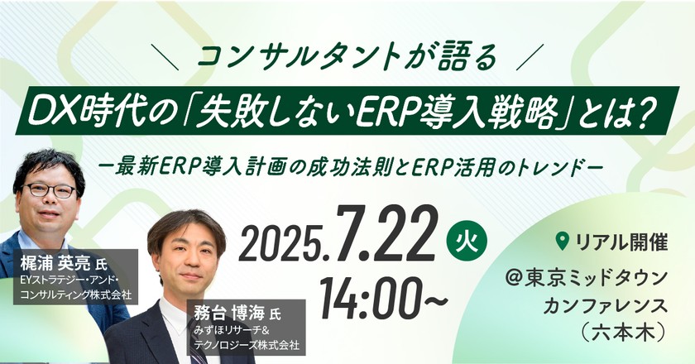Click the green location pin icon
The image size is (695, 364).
(563, 241)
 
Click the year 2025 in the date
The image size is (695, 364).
(282, 242)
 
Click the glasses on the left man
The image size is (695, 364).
(50, 189)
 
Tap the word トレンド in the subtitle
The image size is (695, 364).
(565, 163)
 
